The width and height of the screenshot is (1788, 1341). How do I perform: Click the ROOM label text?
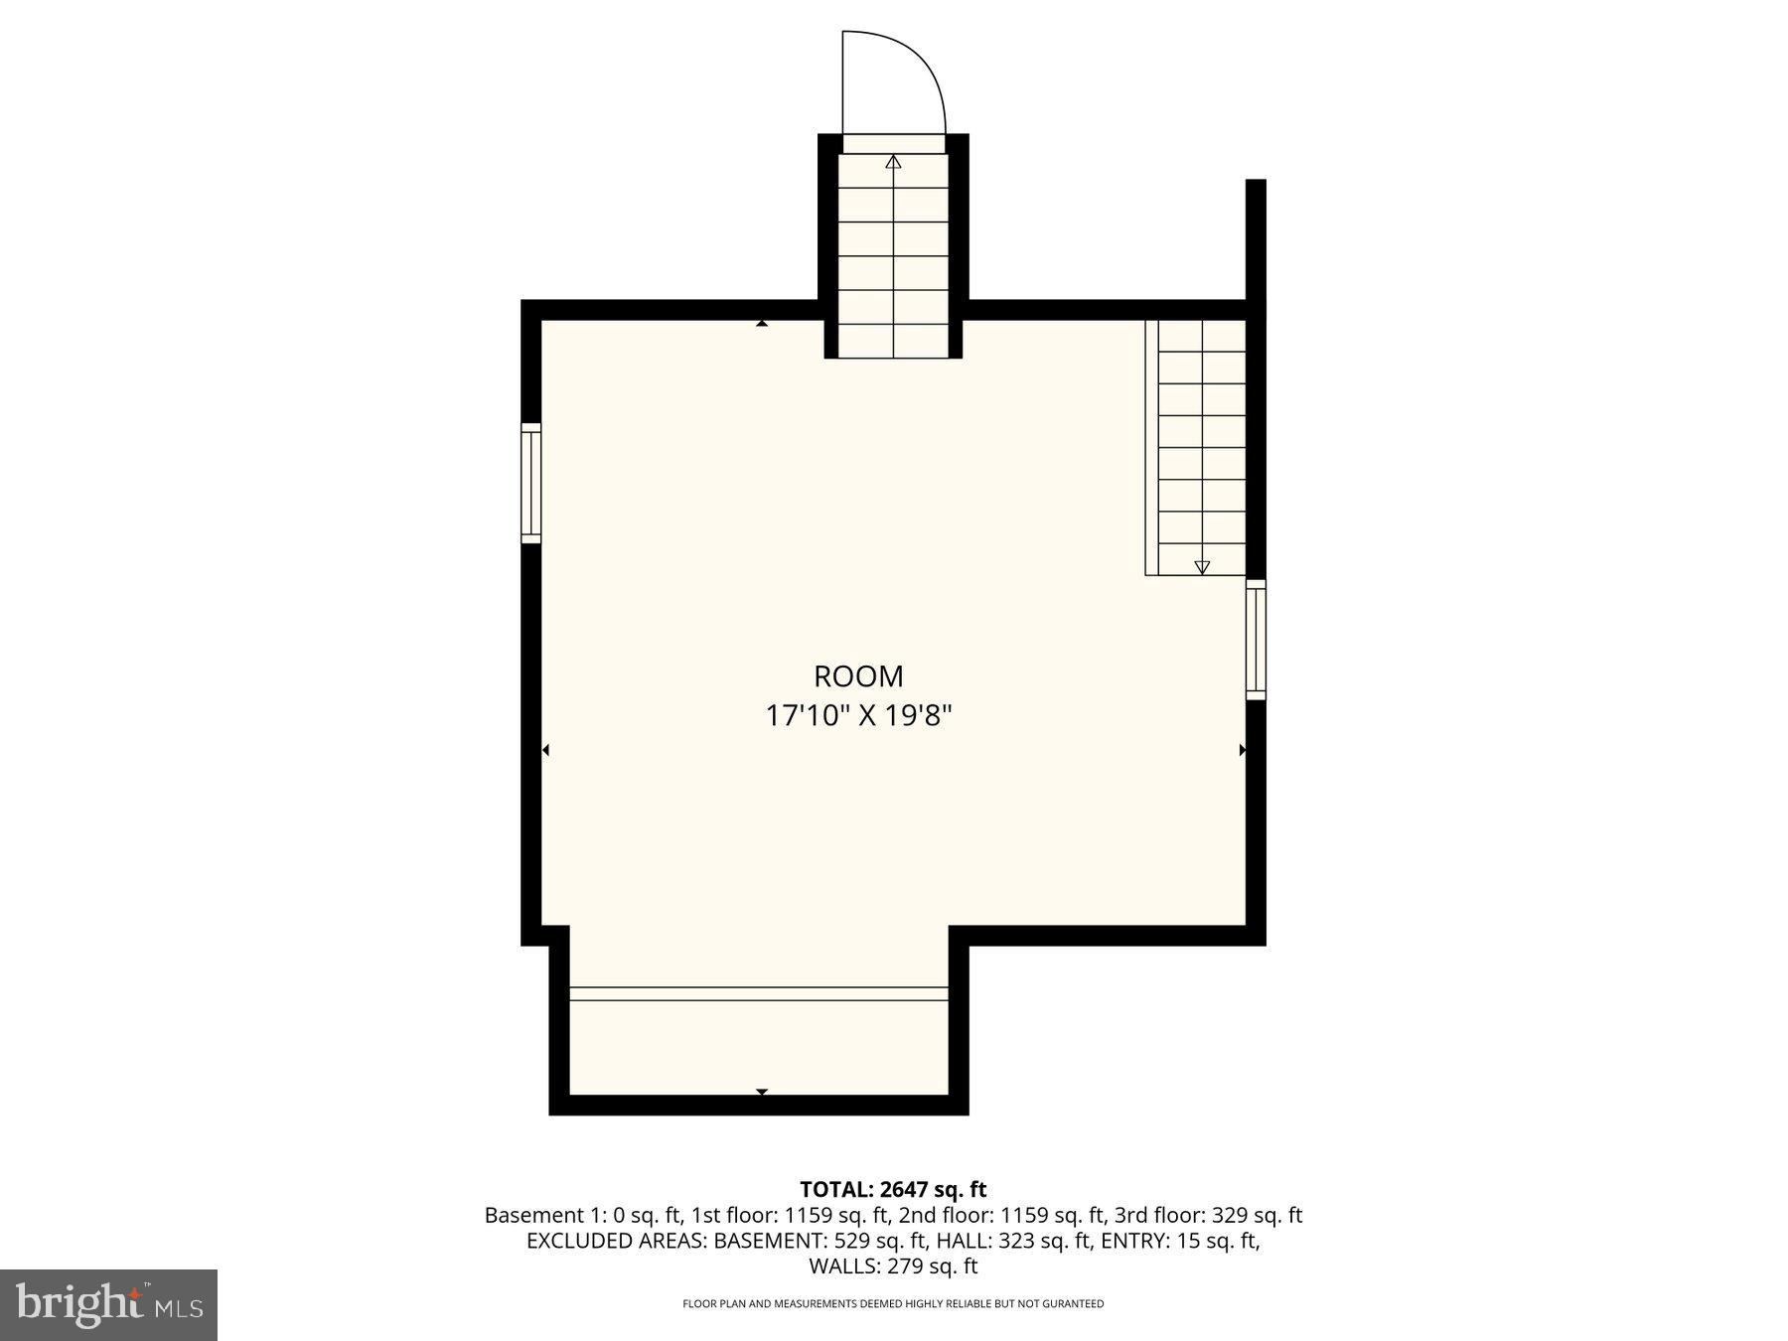tap(858, 676)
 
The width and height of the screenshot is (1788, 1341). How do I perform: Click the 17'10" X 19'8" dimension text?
tap(858, 716)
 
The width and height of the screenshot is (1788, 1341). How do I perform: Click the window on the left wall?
tap(531, 483)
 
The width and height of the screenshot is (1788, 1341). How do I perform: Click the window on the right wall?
tap(1256, 640)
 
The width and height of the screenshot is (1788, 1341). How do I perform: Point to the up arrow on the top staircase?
tap(893, 161)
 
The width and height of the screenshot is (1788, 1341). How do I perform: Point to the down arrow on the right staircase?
tap(1202, 567)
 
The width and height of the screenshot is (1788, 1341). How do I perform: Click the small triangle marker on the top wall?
tap(762, 323)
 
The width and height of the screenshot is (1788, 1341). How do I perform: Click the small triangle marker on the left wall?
tap(545, 750)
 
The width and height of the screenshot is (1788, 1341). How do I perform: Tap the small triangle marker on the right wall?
tap(1242, 750)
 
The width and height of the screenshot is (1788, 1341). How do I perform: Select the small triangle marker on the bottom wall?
tap(762, 1092)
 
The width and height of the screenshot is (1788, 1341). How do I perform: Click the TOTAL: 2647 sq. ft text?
tap(893, 1189)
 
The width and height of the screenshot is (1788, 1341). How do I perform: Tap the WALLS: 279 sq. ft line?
tap(893, 1266)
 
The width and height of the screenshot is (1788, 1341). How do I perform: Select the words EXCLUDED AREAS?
tap(616, 1241)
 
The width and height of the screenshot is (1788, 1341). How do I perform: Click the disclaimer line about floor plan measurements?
tap(893, 1303)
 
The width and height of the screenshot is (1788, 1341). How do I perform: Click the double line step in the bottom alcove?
tap(759, 993)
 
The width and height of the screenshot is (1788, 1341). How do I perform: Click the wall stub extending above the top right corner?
tap(1256, 238)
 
